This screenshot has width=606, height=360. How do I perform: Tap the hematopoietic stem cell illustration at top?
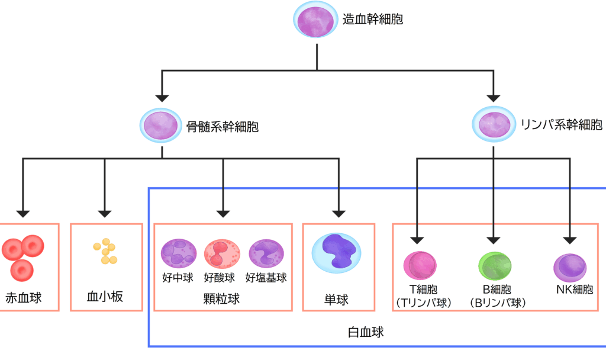click(x=317, y=20)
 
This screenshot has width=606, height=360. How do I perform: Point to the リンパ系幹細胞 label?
click(x=561, y=125)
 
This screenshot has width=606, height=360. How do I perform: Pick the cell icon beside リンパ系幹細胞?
click(x=494, y=124)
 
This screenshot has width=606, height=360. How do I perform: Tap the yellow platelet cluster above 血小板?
click(x=105, y=252)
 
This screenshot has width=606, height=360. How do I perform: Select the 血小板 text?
click(x=105, y=297)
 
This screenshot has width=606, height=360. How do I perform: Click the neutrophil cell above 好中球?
click(x=179, y=254)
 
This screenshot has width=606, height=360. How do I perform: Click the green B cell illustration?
click(x=496, y=266)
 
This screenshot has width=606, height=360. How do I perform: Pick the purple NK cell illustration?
click(x=570, y=268)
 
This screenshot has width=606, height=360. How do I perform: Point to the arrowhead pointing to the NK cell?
click(x=570, y=239)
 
